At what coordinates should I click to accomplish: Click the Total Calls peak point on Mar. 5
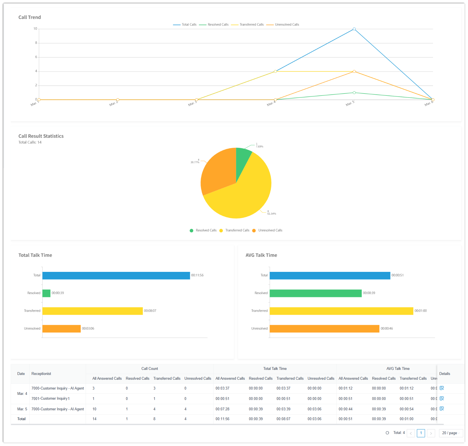[x=354, y=29]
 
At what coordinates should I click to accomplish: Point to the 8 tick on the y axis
[x=36, y=43]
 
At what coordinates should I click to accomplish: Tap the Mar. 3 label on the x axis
[x=192, y=104]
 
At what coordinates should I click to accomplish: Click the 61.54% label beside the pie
[x=272, y=214]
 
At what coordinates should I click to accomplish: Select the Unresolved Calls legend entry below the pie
[x=270, y=230]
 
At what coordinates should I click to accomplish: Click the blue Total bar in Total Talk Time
[x=116, y=276]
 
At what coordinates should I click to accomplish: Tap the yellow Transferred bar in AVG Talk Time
[x=341, y=311]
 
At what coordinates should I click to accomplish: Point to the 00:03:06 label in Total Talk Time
[x=88, y=329]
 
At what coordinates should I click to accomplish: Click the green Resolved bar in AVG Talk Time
[x=315, y=293]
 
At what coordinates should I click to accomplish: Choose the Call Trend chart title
[x=30, y=17]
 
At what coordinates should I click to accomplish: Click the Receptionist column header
[x=41, y=374]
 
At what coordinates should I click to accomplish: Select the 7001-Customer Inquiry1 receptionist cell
[x=51, y=399]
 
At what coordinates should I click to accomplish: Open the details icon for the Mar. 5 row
[x=442, y=409]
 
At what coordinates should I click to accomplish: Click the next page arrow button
[x=431, y=433]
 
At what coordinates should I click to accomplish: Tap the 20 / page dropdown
[x=450, y=433]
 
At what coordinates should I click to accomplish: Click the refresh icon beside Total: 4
[x=387, y=433]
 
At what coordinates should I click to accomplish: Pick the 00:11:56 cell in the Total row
[x=222, y=419]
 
